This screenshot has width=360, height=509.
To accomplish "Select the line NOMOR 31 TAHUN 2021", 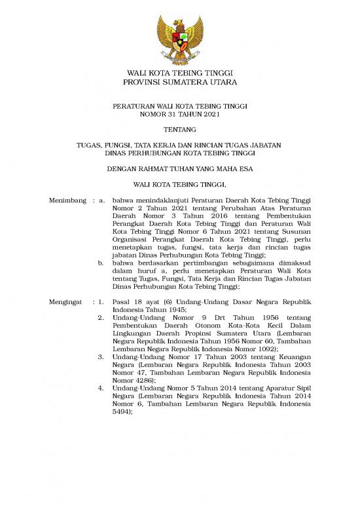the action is pos(180,114).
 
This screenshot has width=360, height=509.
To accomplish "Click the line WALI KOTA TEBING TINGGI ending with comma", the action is pos(180,185).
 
